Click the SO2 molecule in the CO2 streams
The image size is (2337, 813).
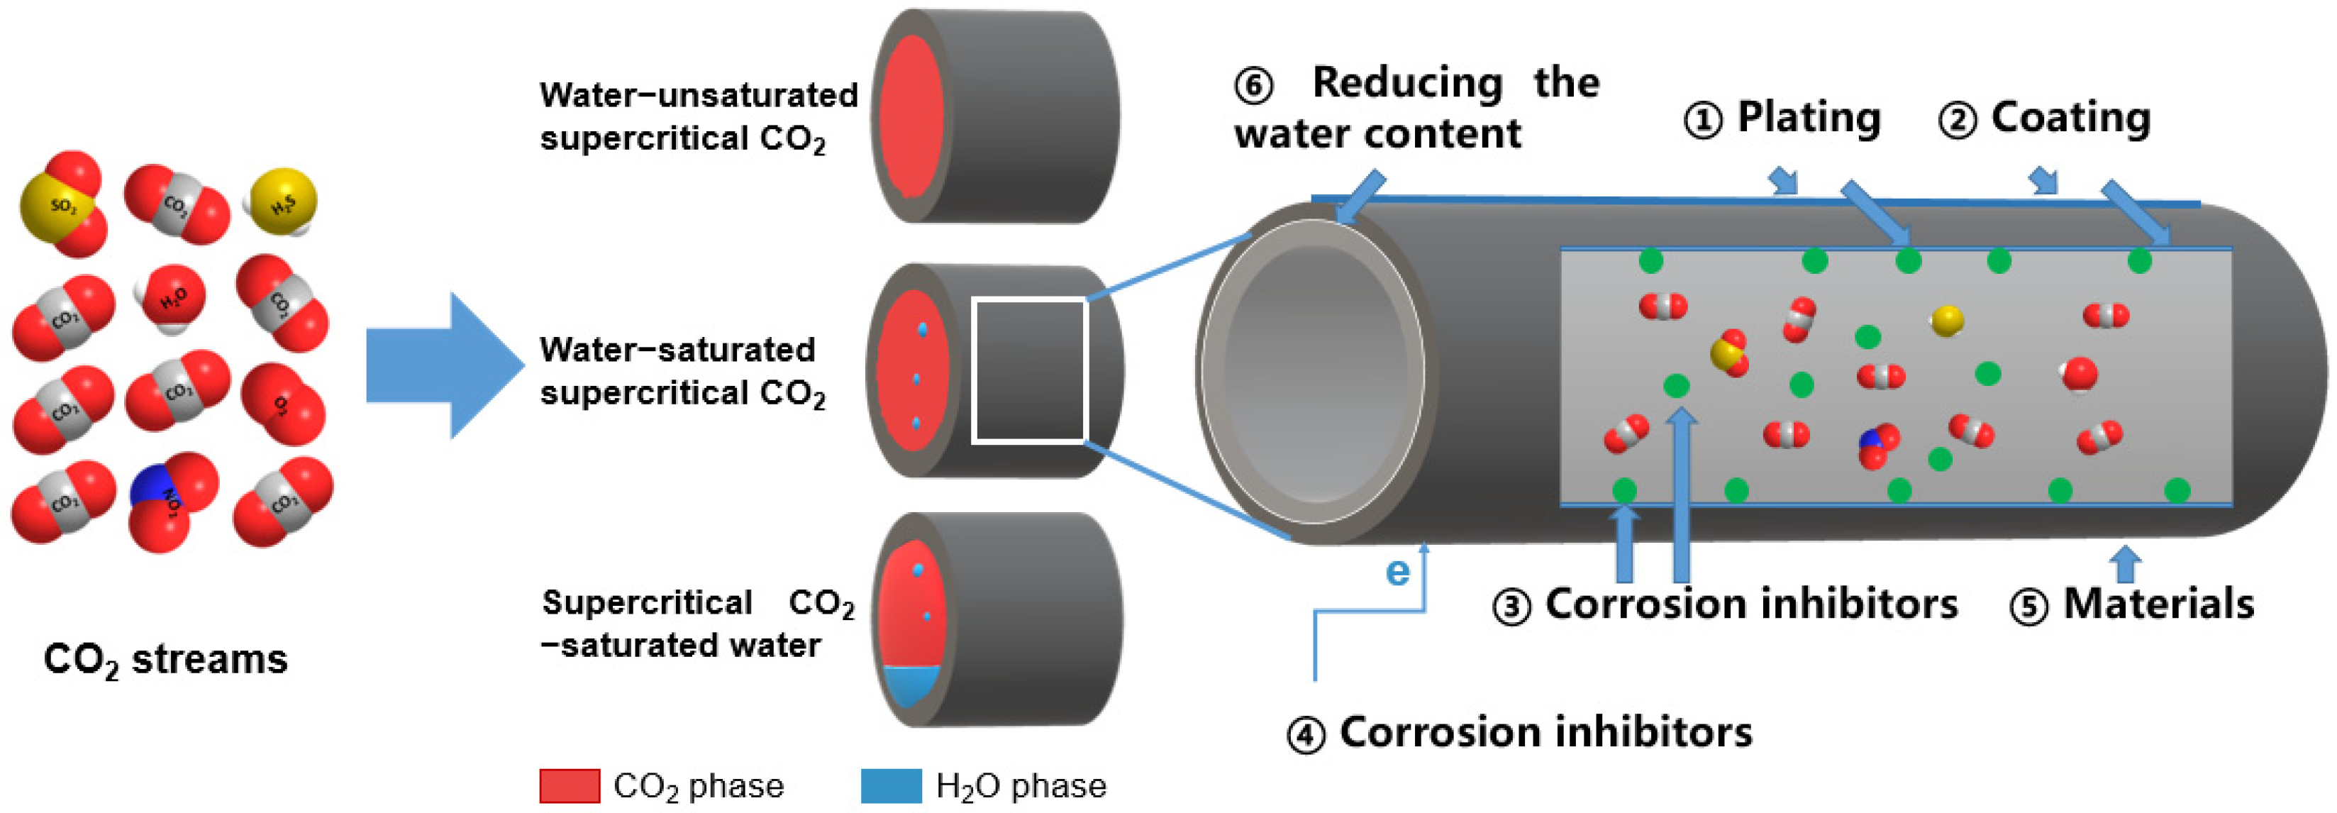coord(62,205)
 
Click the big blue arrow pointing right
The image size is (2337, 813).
coord(445,365)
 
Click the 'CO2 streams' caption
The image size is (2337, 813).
coord(165,660)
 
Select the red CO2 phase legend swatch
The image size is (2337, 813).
coord(569,786)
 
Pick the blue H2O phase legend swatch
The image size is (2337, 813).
coord(890,786)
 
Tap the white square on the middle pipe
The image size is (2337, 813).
coord(1030,371)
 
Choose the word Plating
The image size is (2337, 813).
coord(1808,118)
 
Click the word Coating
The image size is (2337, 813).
coord(2070,118)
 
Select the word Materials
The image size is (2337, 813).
coord(2158,604)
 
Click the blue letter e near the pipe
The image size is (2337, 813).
coord(1398,572)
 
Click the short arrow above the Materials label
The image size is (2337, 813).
coord(2126,563)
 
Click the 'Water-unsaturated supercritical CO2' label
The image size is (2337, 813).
coord(698,117)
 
